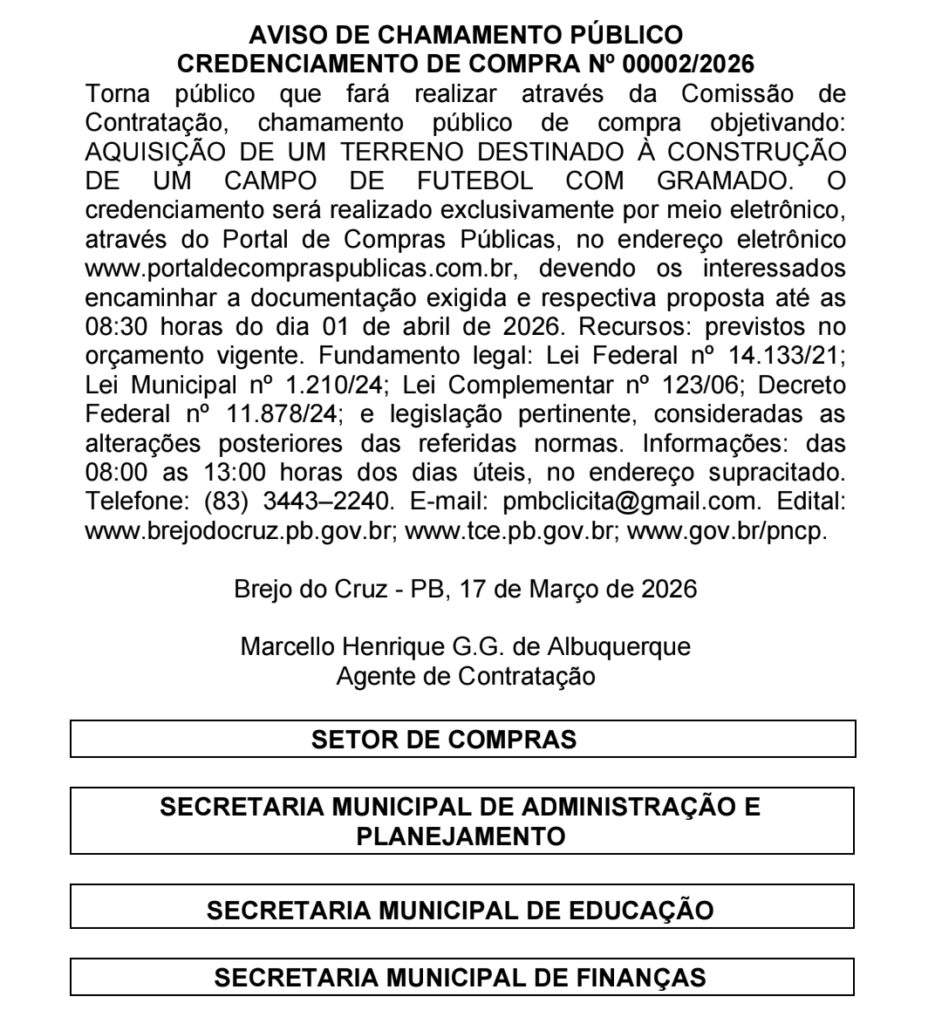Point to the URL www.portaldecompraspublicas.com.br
click(305, 270)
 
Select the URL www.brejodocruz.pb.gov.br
click(239, 530)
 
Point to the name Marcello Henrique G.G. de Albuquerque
click(465, 647)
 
